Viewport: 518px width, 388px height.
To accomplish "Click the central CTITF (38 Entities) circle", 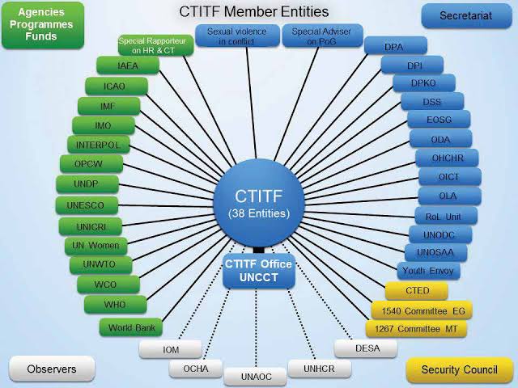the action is (259, 204).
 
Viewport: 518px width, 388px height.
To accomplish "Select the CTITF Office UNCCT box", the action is (259, 271).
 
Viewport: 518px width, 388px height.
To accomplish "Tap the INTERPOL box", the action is (99, 145).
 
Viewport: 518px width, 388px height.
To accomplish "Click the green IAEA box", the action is (128, 65).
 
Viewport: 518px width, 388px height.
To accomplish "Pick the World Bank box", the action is (131, 327).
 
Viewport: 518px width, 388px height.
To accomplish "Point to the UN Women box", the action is (96, 246).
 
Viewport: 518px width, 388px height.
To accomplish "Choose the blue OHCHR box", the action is (447, 158).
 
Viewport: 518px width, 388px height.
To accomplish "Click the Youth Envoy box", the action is (428, 271).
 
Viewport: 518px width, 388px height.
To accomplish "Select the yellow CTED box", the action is (417, 291).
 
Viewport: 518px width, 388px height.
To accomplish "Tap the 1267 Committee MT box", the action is (416, 329).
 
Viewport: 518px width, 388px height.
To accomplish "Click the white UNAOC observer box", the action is (255, 377).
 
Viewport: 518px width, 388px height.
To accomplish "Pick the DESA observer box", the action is (366, 348).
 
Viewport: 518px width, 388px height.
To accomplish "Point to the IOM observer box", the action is (171, 349).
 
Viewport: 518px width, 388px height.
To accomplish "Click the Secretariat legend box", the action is (466, 15).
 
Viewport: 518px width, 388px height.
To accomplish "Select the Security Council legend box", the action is (459, 369).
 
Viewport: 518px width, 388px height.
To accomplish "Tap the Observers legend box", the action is (52, 369).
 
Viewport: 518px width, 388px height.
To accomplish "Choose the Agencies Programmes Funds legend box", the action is (43, 25).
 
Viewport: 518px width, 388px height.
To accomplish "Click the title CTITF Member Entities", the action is (254, 11).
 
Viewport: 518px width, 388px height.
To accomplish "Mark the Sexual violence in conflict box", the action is (237, 36).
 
